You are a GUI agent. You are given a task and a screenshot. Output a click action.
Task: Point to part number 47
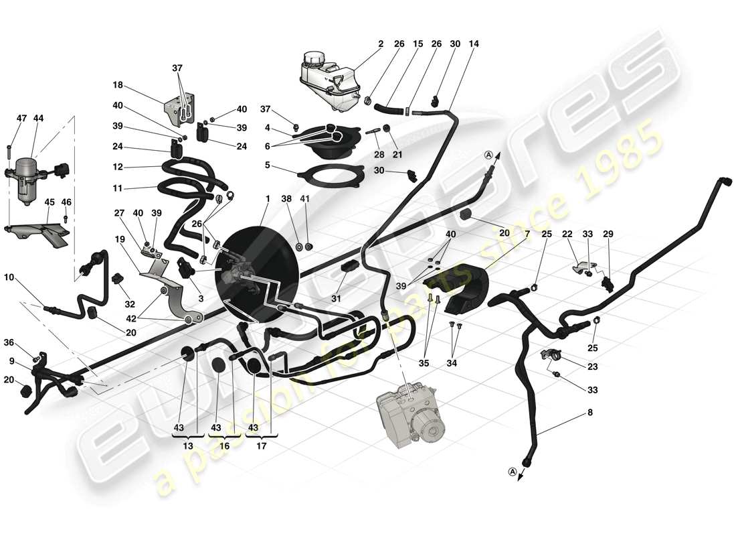point(21,119)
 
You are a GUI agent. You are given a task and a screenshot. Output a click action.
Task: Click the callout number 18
point(118,85)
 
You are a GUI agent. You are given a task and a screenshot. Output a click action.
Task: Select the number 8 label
point(589,413)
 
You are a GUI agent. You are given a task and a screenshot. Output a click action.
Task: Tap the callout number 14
point(474,45)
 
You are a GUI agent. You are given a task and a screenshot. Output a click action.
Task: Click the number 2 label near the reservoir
point(380,45)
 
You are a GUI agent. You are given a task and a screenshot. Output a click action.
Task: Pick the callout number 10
point(11,277)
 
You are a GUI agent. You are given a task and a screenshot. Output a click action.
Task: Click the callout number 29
point(608,234)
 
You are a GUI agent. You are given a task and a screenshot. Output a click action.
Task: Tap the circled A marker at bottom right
point(513,472)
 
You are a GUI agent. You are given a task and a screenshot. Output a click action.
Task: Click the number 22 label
point(568,234)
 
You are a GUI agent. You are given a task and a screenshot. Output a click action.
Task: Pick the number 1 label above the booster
point(268,199)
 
